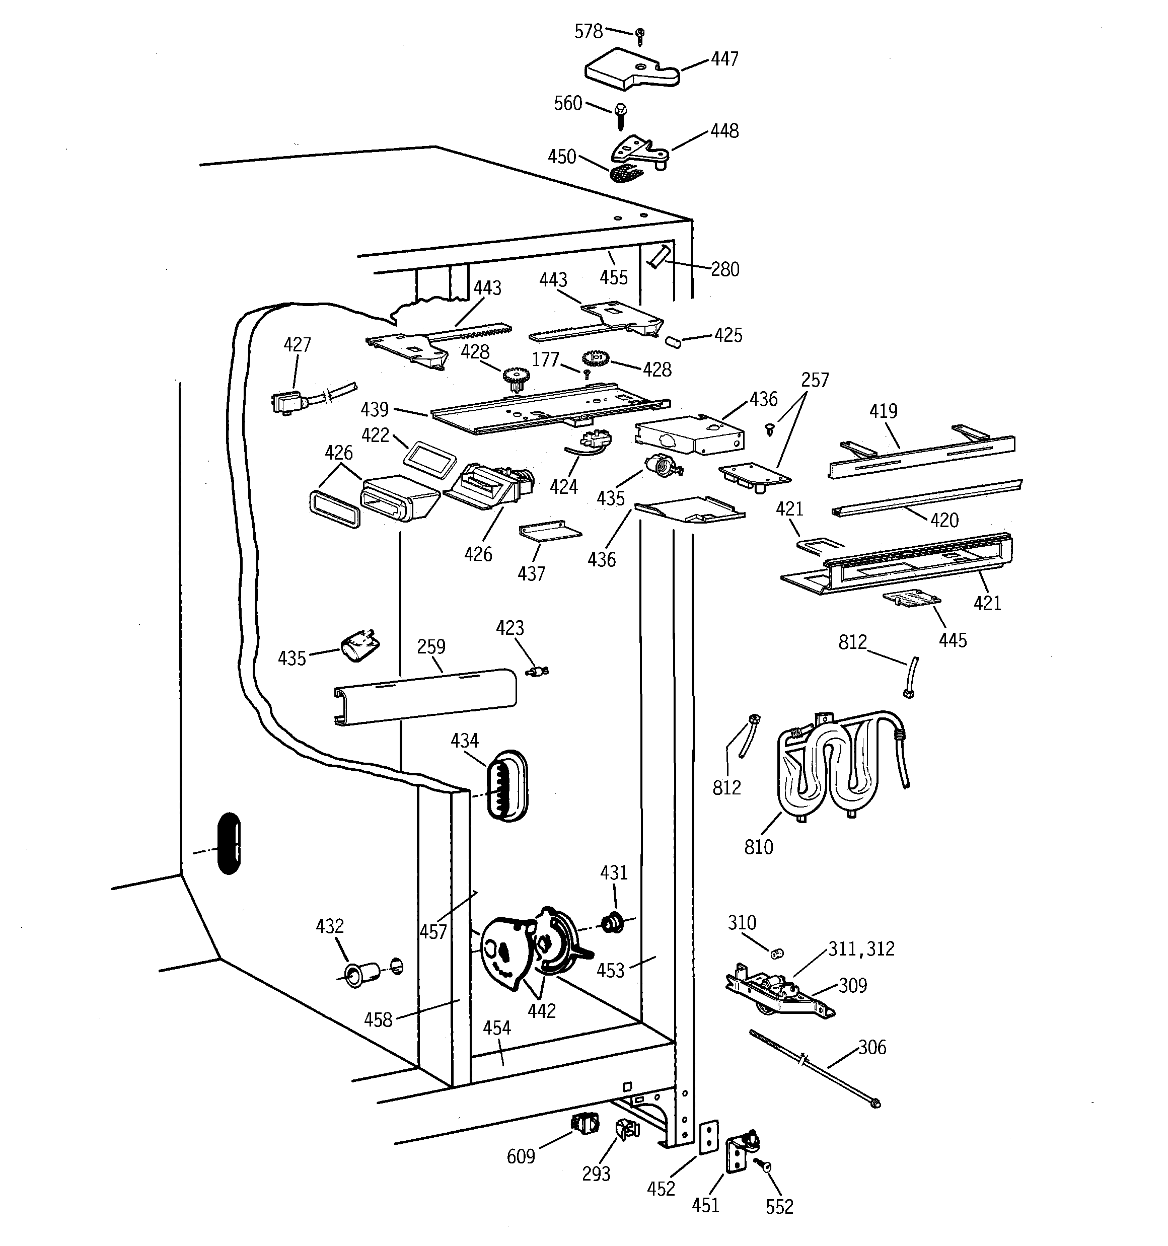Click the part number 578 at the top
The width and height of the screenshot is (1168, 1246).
point(588,31)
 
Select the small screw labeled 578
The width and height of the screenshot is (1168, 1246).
point(639,36)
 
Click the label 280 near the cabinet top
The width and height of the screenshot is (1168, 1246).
point(725,269)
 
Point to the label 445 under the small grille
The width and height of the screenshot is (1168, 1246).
point(953,640)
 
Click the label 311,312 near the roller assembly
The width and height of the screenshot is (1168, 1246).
point(861,949)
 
